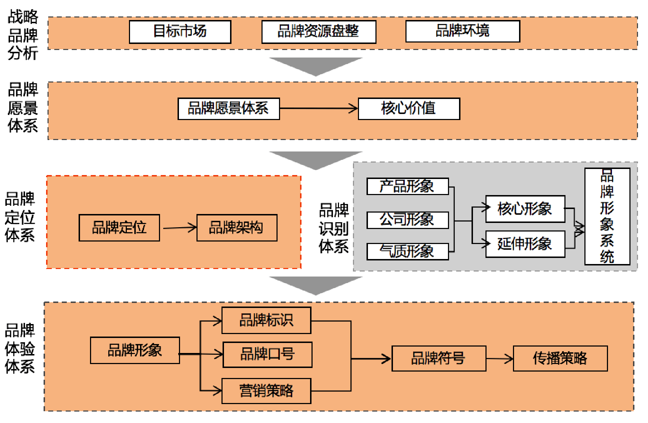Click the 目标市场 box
pyautogui.click(x=180, y=32)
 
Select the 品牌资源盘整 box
pyautogui.click(x=319, y=32)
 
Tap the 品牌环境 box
pyautogui.click(x=463, y=31)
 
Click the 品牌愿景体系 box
pyautogui.click(x=229, y=109)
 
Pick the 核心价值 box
pyautogui.click(x=409, y=109)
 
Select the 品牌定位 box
pyautogui.click(x=119, y=228)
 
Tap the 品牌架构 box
pyautogui.click(x=237, y=228)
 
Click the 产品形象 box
pyautogui.click(x=408, y=186)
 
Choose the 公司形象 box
pyautogui.click(x=408, y=220)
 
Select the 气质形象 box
pyautogui.click(x=408, y=252)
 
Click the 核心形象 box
pyautogui.click(x=525, y=209)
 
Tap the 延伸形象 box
pyautogui.click(x=525, y=244)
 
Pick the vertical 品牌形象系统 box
pyautogui.click(x=607, y=217)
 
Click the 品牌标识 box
pyautogui.click(x=266, y=320)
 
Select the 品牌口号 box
pyautogui.click(x=268, y=354)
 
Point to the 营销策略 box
pyautogui.click(x=266, y=391)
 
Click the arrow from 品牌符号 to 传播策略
pyautogui.click(x=499, y=358)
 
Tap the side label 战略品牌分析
pyautogui.click(x=23, y=35)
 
